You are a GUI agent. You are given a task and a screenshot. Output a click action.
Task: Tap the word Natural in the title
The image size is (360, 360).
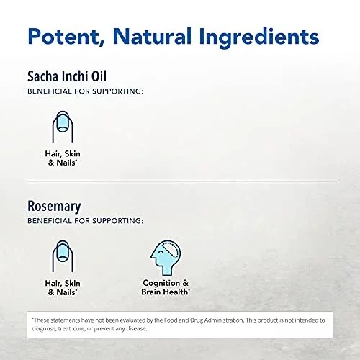(152, 36)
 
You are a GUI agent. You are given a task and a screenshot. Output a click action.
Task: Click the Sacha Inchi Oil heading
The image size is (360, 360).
(67, 76)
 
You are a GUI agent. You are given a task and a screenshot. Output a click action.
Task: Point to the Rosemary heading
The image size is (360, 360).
(54, 207)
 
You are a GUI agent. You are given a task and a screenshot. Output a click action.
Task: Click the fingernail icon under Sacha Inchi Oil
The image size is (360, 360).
(63, 127)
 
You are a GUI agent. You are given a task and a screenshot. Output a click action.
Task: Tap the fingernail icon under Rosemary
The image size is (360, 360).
(63, 256)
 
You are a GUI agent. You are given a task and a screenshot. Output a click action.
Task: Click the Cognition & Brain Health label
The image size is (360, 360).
(166, 287)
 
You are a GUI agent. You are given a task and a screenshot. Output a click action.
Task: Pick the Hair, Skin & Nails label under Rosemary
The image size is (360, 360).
(63, 288)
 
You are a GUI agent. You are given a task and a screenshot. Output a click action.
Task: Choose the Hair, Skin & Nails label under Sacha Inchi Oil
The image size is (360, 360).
(63, 158)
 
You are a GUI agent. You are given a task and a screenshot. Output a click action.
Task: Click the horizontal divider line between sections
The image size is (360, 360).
(182, 181)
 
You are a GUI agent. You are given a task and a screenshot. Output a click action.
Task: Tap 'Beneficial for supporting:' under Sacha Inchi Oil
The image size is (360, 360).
(85, 91)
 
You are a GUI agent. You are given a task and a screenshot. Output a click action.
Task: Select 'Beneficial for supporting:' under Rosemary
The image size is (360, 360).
(85, 221)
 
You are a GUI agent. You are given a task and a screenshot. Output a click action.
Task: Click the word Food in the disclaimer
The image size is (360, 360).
(171, 320)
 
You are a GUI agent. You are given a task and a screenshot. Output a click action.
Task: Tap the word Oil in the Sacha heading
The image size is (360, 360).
(99, 76)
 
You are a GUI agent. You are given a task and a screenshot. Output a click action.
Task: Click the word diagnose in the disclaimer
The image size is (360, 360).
(44, 329)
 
